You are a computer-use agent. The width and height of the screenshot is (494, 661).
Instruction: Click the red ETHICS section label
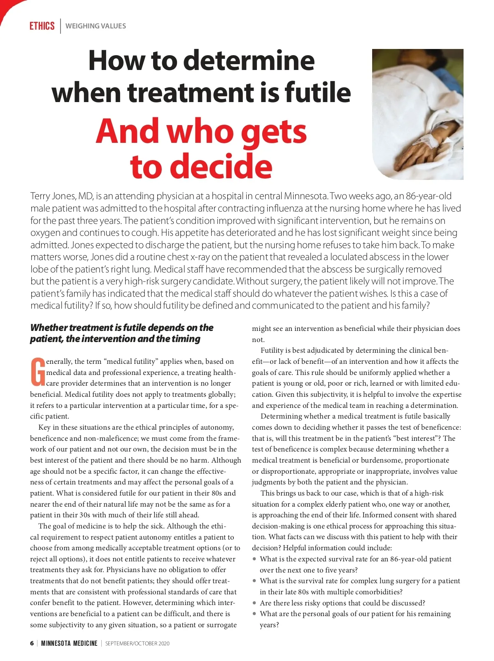[x=42, y=26]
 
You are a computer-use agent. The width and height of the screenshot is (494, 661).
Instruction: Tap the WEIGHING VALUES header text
[x=96, y=26]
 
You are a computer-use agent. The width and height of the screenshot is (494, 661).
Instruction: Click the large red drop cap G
[x=38, y=372]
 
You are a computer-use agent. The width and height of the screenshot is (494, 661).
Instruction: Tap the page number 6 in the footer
[x=32, y=643]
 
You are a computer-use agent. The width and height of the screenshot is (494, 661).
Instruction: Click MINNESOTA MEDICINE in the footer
[x=69, y=643]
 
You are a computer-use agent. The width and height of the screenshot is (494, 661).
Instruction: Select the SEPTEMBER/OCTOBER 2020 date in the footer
[x=137, y=643]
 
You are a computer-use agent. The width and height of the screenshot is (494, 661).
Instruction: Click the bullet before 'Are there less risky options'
[x=255, y=603]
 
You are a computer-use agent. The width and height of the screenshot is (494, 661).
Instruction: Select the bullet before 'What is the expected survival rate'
[x=255, y=559]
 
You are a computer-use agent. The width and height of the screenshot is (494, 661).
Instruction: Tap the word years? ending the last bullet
[x=269, y=625]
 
